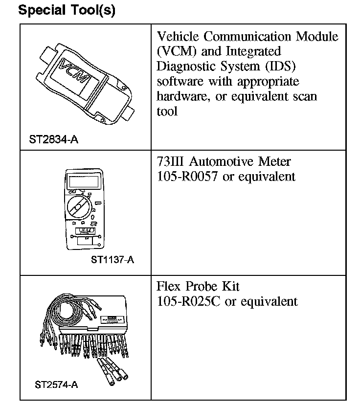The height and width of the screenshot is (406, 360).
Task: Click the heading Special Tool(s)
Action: tap(67, 11)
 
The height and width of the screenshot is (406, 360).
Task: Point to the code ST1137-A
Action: tap(112, 259)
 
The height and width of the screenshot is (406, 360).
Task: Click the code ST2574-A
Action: tap(57, 384)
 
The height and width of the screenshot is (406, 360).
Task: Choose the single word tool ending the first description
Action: tap(167, 111)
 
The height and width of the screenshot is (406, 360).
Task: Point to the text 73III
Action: tap(171, 161)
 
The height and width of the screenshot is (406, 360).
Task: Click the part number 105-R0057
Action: tap(188, 176)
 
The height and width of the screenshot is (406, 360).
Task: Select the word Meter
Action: tap(274, 161)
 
